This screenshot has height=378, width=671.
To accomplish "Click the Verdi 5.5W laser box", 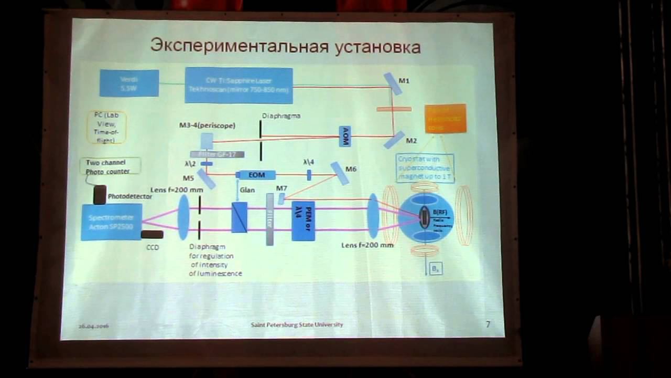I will click(129, 83).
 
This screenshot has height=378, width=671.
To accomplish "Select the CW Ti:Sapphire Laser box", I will click(239, 86).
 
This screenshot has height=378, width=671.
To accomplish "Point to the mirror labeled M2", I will click(394, 140).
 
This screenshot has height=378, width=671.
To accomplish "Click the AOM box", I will click(344, 136).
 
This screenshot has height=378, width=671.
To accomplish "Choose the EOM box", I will click(257, 175).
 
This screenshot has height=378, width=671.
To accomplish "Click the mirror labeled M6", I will click(340, 173).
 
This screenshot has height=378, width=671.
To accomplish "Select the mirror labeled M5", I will click(206, 179).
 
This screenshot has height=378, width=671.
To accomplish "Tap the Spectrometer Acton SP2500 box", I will click(111, 222).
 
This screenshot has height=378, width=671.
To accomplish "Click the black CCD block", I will click(152, 234).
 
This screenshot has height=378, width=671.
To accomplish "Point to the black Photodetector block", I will click(100, 195).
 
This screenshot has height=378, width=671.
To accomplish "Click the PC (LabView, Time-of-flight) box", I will click(106, 127).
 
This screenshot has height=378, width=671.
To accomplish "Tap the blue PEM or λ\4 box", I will click(303, 220).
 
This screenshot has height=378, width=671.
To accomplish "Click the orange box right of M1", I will click(445, 119).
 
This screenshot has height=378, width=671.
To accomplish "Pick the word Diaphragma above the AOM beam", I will click(281, 115).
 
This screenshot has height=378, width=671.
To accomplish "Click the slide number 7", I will click(488, 324).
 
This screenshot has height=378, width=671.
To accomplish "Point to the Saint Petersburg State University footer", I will click(297, 324).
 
